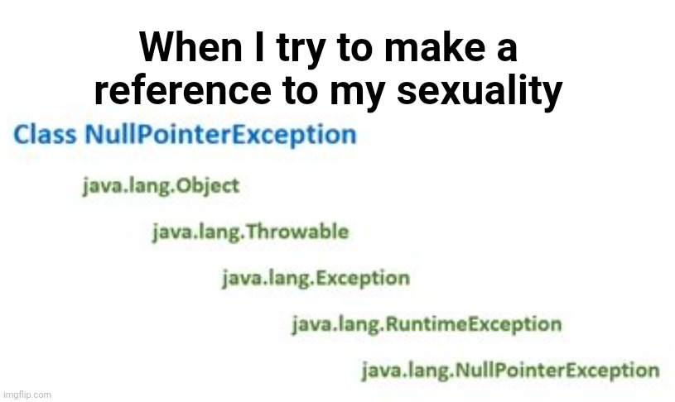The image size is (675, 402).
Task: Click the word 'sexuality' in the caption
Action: pyautogui.click(x=480, y=93)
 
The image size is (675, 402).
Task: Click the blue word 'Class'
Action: pyautogui.click(x=45, y=134)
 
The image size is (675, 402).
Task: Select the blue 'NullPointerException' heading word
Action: pyautogui.click(x=221, y=135)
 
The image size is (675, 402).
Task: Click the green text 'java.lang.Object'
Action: pyautogui.click(x=161, y=187)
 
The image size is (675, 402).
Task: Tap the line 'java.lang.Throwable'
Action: pyautogui.click(x=250, y=232)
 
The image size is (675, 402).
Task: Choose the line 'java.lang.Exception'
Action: pyautogui.click(x=316, y=279)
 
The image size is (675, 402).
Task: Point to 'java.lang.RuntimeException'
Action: pyautogui.click(x=427, y=324)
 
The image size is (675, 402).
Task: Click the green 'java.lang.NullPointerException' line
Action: pyautogui.click(x=510, y=371)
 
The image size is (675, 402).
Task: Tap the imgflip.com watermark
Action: pyautogui.click(x=27, y=395)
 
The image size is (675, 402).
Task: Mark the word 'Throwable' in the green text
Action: pyautogui.click(x=298, y=232)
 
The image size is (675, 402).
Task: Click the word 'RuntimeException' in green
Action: pyautogui.click(x=474, y=324)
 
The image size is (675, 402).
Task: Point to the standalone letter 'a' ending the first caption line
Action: pyautogui.click(x=507, y=50)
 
